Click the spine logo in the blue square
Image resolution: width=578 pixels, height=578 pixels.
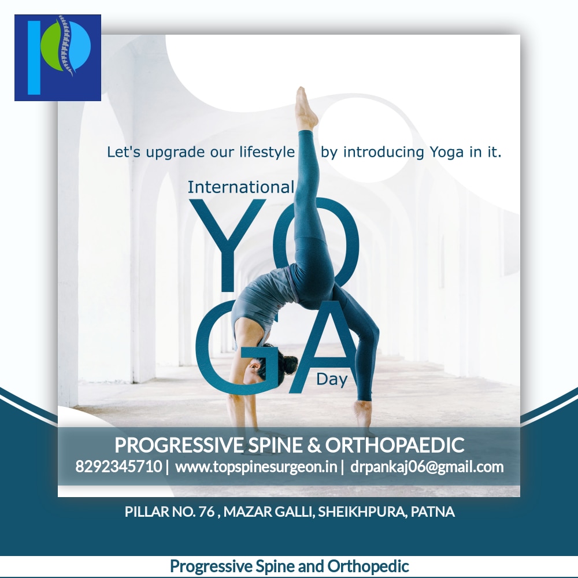(57, 57)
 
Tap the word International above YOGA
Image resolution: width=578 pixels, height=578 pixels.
(240, 187)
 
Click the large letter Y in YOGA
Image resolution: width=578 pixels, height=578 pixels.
(227, 244)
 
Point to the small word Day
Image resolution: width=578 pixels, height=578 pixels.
(332, 379)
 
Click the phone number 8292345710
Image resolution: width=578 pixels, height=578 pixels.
(118, 466)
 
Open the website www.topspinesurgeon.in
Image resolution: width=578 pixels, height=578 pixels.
(256, 466)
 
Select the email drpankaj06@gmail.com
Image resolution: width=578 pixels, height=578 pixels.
(427, 466)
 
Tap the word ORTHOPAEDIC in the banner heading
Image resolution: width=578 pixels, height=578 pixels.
(394, 444)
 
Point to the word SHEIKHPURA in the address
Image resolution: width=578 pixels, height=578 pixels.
(361, 512)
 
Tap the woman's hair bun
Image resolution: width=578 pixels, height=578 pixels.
(289, 364)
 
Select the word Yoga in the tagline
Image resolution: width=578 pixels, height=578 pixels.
(446, 152)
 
